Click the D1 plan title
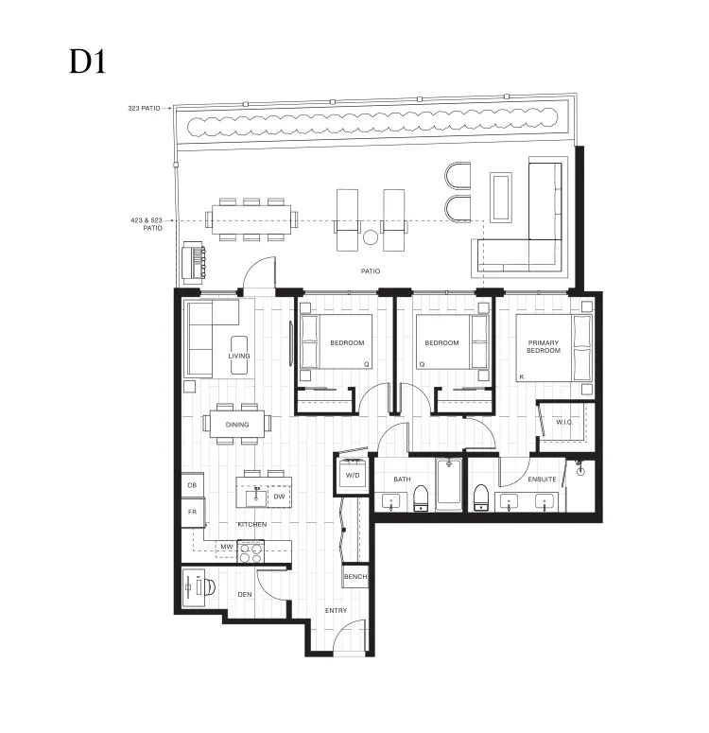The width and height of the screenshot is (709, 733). click(88, 61)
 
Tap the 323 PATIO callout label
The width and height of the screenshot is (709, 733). click(144, 108)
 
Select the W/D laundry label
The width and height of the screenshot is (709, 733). click(353, 476)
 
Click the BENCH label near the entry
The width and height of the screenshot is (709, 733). click(355, 576)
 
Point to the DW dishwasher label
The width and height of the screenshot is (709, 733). click(279, 497)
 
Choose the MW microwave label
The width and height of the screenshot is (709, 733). click(227, 547)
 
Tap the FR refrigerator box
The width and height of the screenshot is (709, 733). click(192, 513)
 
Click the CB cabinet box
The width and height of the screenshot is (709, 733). click(192, 486)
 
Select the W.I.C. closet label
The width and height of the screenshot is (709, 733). click(564, 422)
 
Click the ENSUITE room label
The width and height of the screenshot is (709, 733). click(543, 480)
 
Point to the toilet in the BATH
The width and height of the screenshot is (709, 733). click(421, 498)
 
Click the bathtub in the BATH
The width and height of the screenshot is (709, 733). click(449, 484)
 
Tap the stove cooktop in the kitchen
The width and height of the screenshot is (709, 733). click(251, 551)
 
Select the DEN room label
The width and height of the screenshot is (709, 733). click(245, 595)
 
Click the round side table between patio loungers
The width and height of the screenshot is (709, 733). click(371, 237)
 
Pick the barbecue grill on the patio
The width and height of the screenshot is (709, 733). click(193, 263)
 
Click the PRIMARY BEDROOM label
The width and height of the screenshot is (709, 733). click(543, 346)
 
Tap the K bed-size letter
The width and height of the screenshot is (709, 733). click(522, 376)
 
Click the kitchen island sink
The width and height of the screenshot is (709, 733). click(256, 497)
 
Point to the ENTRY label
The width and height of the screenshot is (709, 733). click(336, 611)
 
